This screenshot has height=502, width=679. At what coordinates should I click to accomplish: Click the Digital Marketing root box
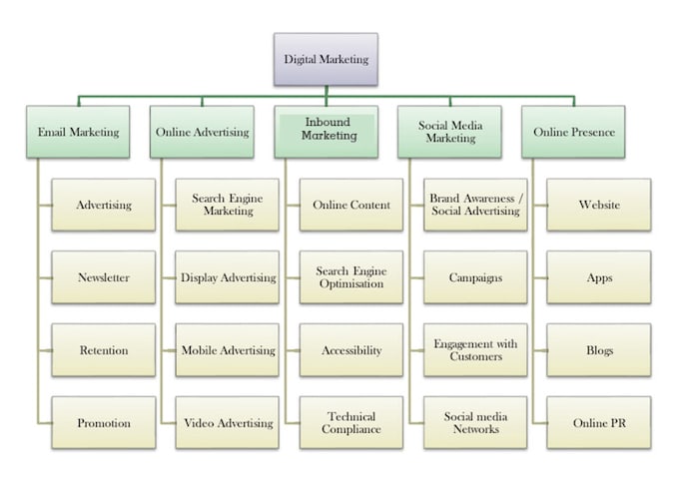click(x=326, y=59)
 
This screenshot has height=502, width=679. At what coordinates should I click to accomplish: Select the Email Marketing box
click(x=78, y=132)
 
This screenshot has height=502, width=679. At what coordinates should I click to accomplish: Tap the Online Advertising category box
click(x=202, y=132)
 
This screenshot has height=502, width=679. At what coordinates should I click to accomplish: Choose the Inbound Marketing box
click(x=327, y=132)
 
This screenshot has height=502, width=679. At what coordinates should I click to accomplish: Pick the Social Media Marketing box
click(x=450, y=132)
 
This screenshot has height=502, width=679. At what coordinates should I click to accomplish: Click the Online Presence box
click(x=573, y=132)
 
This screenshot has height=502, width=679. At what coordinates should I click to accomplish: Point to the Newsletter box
click(x=104, y=277)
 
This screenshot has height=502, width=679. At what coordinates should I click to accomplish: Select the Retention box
click(x=104, y=350)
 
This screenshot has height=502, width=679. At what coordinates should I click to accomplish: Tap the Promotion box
click(x=104, y=423)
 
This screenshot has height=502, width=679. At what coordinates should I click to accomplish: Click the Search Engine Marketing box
click(x=228, y=205)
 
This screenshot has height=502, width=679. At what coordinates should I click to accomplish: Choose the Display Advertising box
click(x=228, y=277)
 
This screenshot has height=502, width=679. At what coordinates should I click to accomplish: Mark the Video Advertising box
click(x=228, y=423)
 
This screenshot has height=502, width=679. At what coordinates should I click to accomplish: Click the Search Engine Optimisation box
click(x=351, y=277)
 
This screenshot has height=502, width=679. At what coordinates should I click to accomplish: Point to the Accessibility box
click(x=351, y=350)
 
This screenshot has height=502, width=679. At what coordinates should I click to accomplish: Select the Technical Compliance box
click(x=351, y=423)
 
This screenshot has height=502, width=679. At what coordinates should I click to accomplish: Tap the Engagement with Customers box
click(x=475, y=350)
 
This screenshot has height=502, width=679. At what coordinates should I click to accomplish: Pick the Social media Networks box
click(x=475, y=423)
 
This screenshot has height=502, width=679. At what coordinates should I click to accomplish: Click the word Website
click(x=599, y=205)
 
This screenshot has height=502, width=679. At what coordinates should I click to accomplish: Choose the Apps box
click(x=599, y=277)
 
